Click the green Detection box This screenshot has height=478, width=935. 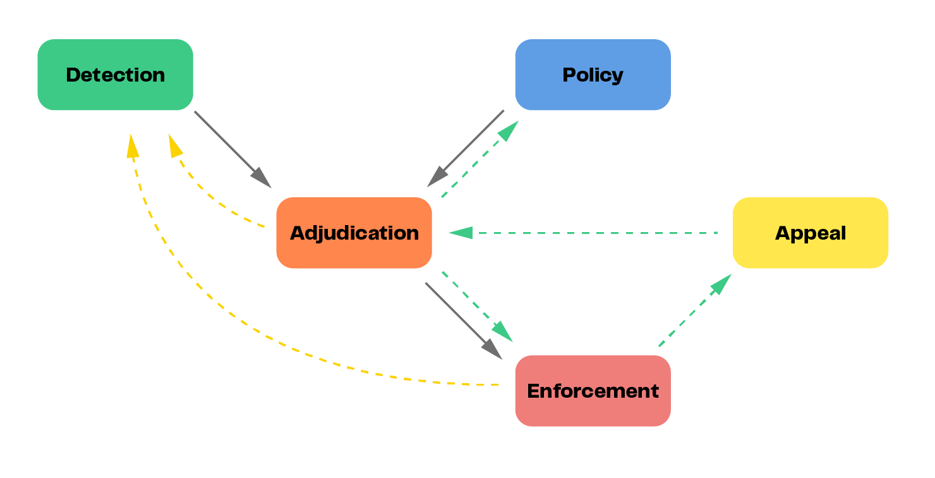[x=115, y=75]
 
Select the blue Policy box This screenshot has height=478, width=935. [x=593, y=75]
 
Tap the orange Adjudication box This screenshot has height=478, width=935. [x=354, y=233]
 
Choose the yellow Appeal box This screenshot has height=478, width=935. [x=810, y=233]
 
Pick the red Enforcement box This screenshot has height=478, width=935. [x=593, y=391]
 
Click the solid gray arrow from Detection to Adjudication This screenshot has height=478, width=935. [x=227, y=144]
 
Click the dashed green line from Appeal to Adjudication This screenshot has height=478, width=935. [x=594, y=233]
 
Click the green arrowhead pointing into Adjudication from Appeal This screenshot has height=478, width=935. [x=461, y=233]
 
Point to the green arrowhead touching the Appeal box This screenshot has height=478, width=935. [x=721, y=284]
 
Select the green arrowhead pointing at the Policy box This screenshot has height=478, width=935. [x=509, y=130]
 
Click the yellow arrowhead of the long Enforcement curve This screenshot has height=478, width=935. [x=132, y=146]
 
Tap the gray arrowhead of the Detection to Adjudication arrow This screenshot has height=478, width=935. [x=262, y=179]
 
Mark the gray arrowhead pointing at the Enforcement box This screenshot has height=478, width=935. [x=493, y=350]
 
